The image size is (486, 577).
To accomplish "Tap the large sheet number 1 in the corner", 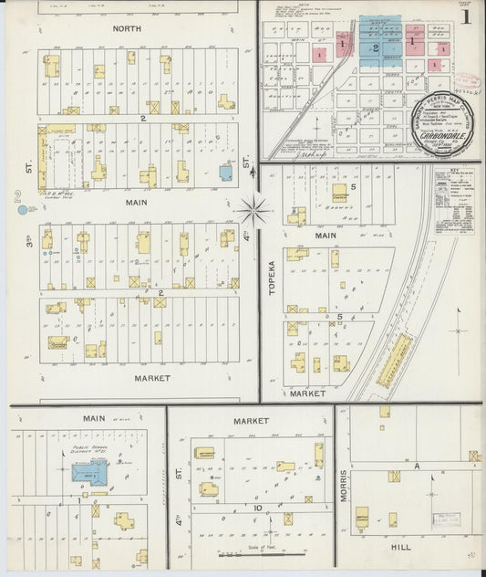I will [x=466, y=16].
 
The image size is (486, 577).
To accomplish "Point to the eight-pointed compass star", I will [x=253, y=211].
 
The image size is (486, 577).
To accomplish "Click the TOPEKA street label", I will [x=270, y=275].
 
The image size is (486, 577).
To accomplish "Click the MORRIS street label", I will [x=343, y=488].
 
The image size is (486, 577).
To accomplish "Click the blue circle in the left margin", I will [x=21, y=210].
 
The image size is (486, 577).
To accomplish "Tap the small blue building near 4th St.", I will [x=225, y=172].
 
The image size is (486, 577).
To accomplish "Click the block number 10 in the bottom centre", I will [x=259, y=508].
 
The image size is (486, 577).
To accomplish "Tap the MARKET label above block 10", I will [x=251, y=421].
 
